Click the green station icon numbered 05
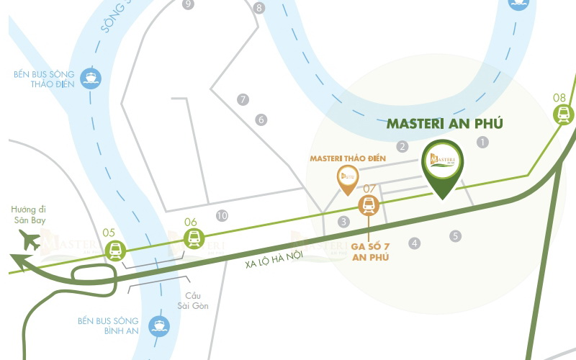tap(114, 250)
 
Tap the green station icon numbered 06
tap(193, 238)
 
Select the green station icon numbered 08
tap(562, 113)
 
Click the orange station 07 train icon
tap(369, 206)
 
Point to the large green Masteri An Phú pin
tap(441, 165)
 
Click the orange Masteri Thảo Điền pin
tap(348, 177)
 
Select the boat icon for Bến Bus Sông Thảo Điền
tap(91, 76)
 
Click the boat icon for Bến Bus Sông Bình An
tap(158, 326)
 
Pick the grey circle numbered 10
tap(222, 215)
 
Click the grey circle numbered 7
tap(243, 99)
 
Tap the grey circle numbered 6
tap(261, 120)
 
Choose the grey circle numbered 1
tap(482, 143)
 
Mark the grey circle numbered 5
tap(455, 235)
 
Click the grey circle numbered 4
tap(414, 243)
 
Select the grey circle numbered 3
tap(344, 222)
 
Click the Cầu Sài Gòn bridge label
tap(192, 301)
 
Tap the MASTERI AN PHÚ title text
tap(445, 123)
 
